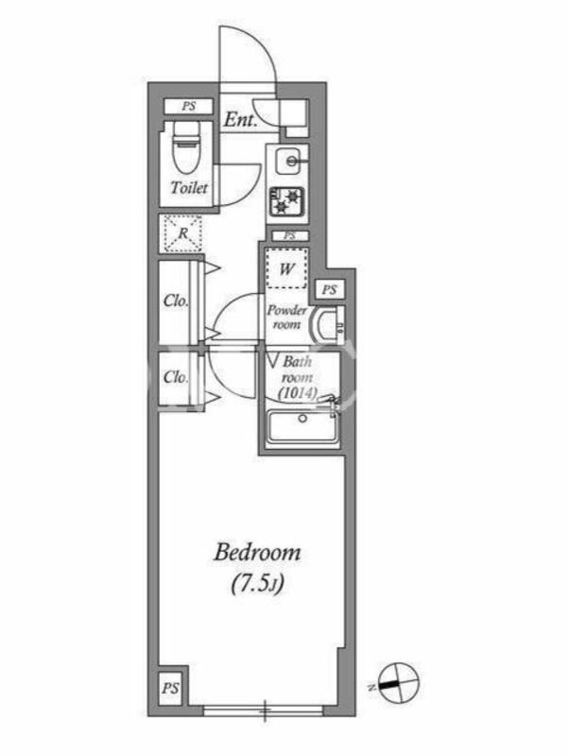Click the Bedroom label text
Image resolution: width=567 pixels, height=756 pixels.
(257, 553)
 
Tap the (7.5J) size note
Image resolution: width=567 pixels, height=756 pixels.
(257, 584)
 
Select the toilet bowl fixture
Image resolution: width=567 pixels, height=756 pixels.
(186, 147)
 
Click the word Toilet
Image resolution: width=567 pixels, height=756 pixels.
(190, 187)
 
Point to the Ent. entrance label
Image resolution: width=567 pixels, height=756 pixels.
(240, 120)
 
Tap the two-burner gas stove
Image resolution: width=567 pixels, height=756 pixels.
(287, 201)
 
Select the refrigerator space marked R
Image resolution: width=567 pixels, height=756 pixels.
(183, 233)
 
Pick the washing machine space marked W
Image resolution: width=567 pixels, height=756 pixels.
(286, 268)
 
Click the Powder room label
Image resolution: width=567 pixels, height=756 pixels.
(287, 318)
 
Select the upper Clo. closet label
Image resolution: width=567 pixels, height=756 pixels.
(176, 301)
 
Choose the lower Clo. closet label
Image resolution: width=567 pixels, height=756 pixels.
(176, 377)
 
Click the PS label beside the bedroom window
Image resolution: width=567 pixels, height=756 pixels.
(170, 688)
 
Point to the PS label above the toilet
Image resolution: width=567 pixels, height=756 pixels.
(188, 106)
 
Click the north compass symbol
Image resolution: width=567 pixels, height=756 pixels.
(398, 683)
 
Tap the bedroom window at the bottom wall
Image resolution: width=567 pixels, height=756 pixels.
(264, 710)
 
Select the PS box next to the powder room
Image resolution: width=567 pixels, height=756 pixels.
(330, 290)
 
